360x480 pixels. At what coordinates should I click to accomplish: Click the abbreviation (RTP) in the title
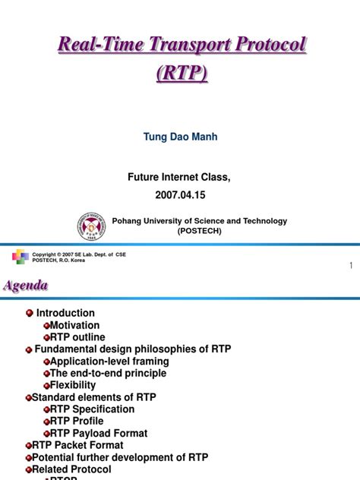182,75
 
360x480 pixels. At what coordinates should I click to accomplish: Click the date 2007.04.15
181,195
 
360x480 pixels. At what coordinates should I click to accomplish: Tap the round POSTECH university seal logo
92,226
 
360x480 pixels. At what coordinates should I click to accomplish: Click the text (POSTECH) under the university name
200,232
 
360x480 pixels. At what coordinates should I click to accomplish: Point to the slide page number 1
351,265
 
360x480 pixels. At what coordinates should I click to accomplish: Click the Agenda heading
27,286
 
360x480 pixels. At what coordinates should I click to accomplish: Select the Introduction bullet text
65,313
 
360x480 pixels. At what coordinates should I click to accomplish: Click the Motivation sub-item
74,325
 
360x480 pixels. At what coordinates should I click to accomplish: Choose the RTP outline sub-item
77,337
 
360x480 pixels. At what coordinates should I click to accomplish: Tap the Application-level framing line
109,362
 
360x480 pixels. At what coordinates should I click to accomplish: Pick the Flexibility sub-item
73,385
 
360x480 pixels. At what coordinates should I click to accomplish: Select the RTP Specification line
92,409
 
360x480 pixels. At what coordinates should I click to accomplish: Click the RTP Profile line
77,421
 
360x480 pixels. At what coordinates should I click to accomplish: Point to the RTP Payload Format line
99,433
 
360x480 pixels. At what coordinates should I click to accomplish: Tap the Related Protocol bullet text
71,469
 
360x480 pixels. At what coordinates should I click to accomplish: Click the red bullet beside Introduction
29,313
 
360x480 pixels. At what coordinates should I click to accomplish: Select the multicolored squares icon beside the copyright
21,256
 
